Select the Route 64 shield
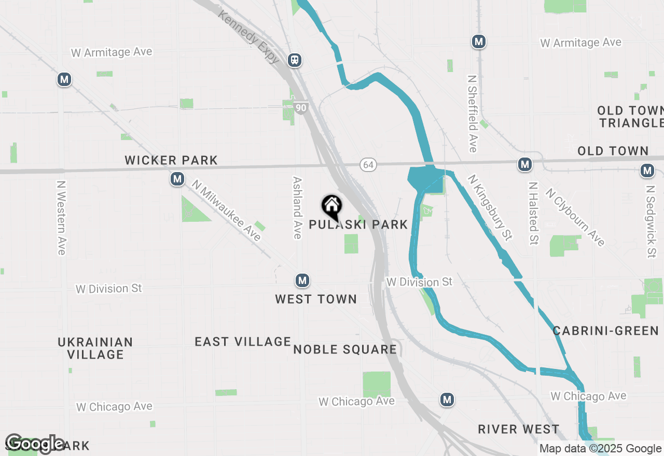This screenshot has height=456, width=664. [x=368, y=165]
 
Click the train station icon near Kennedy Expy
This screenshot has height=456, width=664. [x=295, y=60]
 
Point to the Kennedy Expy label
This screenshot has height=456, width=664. [x=250, y=36]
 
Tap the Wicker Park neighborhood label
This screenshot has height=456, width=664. [x=171, y=160]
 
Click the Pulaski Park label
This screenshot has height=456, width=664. [x=358, y=224]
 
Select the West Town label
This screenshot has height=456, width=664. [x=316, y=299]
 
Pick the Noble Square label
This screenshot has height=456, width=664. [x=345, y=349]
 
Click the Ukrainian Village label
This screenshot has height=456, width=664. [x=95, y=348]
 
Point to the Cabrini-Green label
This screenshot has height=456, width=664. [x=606, y=331]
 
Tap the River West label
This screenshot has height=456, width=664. [x=519, y=429]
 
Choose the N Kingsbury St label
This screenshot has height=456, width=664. [x=490, y=207]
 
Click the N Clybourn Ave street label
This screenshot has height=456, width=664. [x=575, y=217]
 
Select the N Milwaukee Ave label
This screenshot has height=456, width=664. [x=226, y=210]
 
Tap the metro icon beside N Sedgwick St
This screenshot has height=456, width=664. [x=647, y=170]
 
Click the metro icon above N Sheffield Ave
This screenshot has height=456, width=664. [x=479, y=42]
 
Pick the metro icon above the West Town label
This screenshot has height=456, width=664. [x=302, y=281]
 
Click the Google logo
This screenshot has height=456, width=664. [x=35, y=444]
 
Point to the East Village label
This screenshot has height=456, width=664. [x=243, y=341]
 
